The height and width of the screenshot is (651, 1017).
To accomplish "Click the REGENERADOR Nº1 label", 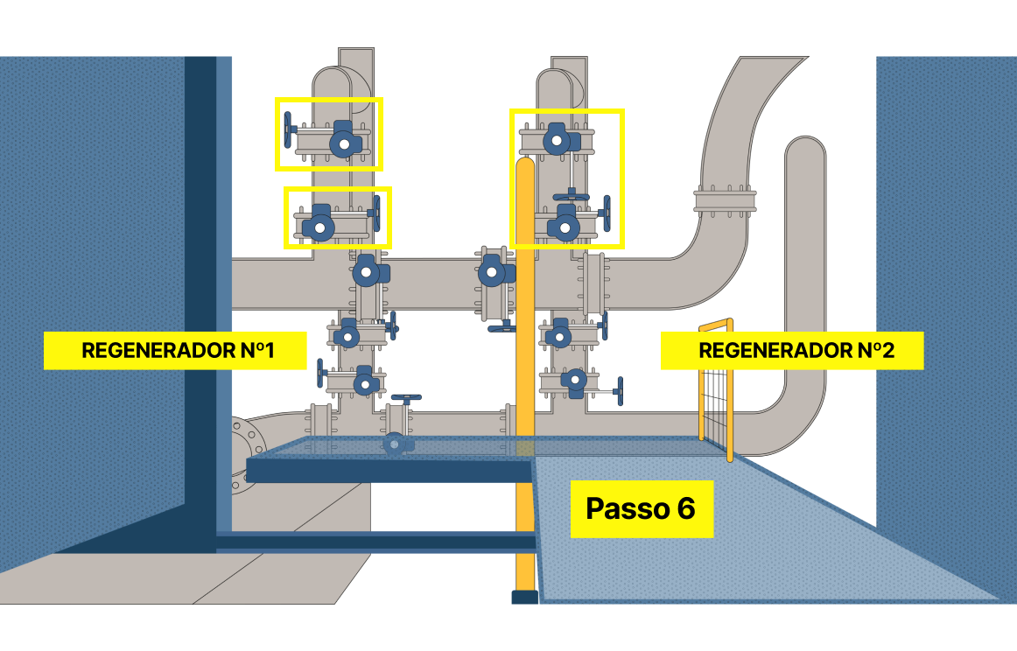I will pyautogui.click(x=175, y=351).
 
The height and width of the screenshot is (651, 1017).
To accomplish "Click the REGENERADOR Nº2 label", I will pyautogui.click(x=792, y=351).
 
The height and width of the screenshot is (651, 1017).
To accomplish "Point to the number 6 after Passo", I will pyautogui.click(x=685, y=508).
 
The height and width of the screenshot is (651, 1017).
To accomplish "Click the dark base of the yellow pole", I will pyautogui.click(x=524, y=597).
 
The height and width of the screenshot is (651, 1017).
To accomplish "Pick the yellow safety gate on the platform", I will pyautogui.click(x=716, y=389).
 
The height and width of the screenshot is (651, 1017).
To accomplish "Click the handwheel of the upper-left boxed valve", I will pyautogui.click(x=288, y=131).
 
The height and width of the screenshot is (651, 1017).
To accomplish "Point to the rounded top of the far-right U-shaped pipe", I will pyautogui.click(x=805, y=149).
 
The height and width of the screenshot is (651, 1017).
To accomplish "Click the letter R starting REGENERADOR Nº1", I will pyautogui.click(x=88, y=351).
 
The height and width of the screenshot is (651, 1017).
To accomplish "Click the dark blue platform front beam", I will pyautogui.click(x=389, y=471).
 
